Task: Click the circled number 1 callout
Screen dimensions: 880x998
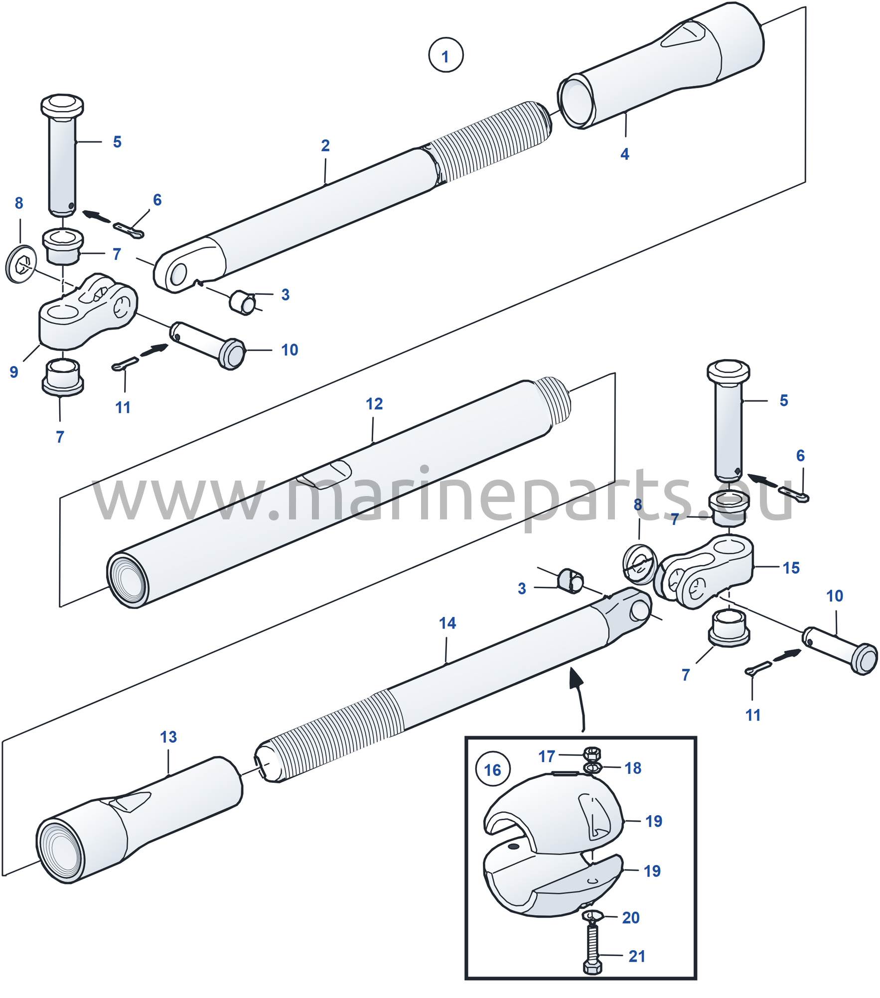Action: pos(445,55)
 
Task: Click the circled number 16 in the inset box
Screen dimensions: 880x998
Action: pos(492,770)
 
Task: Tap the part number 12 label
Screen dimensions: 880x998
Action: pos(374,404)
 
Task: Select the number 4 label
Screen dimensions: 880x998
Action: pos(624,154)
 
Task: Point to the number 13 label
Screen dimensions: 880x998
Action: pos(168,737)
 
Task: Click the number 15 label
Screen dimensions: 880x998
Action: pos(791,568)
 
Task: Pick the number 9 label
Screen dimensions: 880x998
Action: pos(14,372)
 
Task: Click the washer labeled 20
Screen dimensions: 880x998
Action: pos(592,915)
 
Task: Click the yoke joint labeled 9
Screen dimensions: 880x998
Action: pos(87,311)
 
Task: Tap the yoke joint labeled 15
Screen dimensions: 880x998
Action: pos(705,572)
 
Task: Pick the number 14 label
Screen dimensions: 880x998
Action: pos(447,623)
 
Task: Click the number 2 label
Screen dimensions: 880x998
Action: pos(325,145)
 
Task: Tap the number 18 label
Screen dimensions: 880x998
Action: pos(633,768)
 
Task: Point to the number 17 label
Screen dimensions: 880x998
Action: pos(547,756)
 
